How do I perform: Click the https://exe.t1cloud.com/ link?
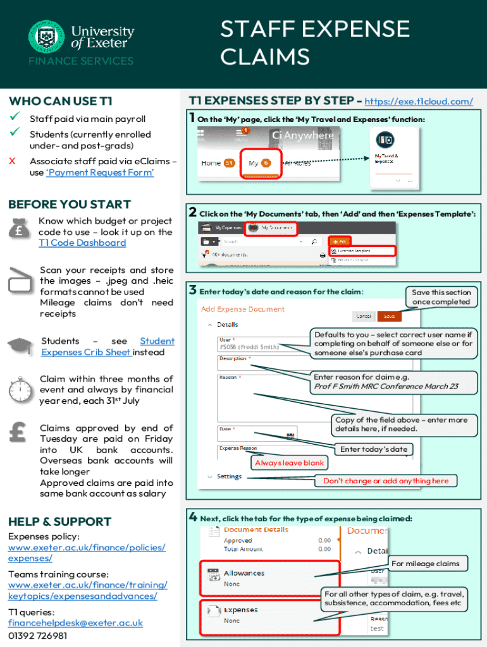(x=419, y=101)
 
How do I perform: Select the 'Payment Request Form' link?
(x=100, y=172)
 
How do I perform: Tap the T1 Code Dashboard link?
(x=82, y=243)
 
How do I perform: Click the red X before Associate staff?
(x=12, y=161)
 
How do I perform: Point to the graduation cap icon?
(x=20, y=345)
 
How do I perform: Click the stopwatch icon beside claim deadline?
(x=20, y=387)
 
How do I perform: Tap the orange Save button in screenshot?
(x=389, y=316)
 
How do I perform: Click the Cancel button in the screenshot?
(x=363, y=316)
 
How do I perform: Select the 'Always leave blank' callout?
(x=288, y=463)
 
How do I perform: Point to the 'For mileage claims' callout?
(x=424, y=564)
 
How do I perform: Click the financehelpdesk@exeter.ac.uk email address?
(x=75, y=623)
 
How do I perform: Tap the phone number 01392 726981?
(x=37, y=636)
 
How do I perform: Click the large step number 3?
(x=192, y=290)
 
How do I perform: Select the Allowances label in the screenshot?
(x=244, y=573)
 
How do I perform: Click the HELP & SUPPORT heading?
(x=59, y=521)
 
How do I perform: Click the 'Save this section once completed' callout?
(x=441, y=297)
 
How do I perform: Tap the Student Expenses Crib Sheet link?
(x=108, y=346)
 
